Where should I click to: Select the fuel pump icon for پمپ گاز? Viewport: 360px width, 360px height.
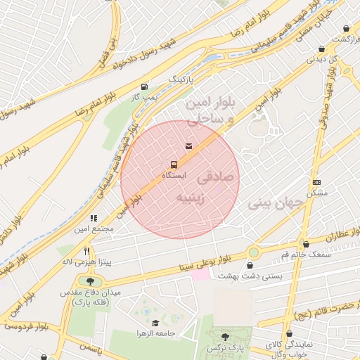tap(145, 86)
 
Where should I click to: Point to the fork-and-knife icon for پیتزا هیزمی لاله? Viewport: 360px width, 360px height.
tap(87, 251)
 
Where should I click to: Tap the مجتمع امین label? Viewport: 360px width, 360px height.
tap(93, 229)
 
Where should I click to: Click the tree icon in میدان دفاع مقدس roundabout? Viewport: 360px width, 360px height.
tap(90, 282)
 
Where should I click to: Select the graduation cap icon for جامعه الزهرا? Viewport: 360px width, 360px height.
tap(155, 323)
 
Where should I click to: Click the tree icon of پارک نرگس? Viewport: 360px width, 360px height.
tap(225, 337)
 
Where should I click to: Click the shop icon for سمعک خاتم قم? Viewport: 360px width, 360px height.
tap(304, 244)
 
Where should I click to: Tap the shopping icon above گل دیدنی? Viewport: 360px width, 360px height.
tap(321, 49)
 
